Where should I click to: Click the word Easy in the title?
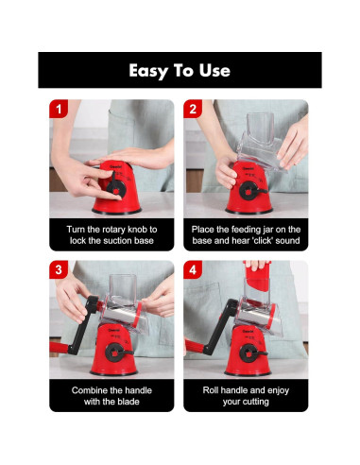coord(147,71)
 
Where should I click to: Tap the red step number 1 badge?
coord(59,109)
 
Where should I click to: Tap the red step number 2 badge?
coord(193,109)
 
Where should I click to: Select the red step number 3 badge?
coord(59,269)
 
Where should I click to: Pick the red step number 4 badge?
coord(193,269)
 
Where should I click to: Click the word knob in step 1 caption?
coord(137,230)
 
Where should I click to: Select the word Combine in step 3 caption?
coord(86,390)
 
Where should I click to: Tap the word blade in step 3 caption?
coord(129,402)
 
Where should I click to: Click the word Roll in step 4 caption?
coord(211,390)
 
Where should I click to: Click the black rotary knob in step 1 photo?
coord(116,187)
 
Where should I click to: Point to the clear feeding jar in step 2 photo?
coord(261,141)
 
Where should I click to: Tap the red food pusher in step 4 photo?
coord(257,276)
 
